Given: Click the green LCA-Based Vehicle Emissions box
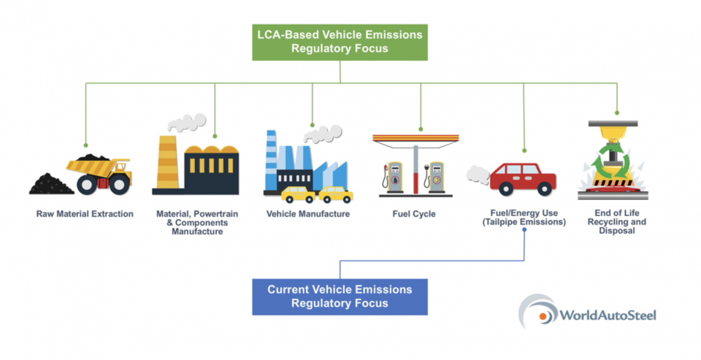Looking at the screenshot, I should [x=340, y=42].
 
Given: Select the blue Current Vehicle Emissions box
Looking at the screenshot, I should [x=340, y=296].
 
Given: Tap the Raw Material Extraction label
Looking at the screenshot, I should [x=85, y=215].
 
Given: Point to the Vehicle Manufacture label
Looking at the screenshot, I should [x=308, y=215].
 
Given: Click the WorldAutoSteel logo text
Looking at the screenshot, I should [x=608, y=315].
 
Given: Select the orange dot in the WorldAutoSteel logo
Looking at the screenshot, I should [x=545, y=316].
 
